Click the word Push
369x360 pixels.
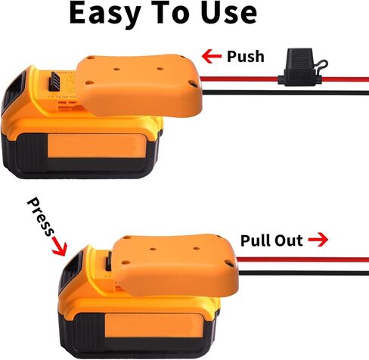(244, 57)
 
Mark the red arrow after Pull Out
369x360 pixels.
(317, 241)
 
